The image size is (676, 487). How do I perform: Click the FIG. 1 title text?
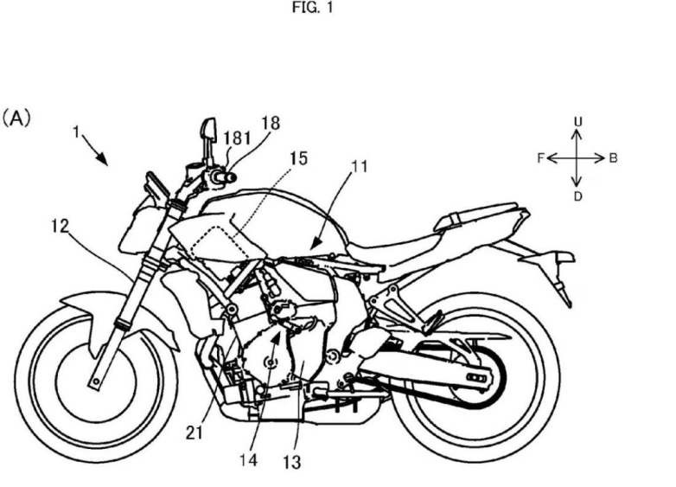313,8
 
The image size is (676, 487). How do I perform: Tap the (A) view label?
16,118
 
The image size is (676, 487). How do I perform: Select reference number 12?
60,226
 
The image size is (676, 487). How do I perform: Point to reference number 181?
237,138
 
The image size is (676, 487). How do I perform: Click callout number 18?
271,124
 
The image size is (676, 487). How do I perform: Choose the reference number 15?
298,158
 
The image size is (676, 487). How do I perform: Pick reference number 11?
359,166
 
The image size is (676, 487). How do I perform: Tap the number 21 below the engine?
195,433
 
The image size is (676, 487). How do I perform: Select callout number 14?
249,460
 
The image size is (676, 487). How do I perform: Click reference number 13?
292,463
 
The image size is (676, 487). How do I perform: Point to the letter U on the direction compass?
577,122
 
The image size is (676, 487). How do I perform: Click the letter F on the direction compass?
541,158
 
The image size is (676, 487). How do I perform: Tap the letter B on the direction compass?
613,158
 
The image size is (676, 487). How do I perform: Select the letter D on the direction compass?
578,196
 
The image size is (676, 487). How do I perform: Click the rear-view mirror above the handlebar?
208,130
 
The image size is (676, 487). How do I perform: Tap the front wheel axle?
96,381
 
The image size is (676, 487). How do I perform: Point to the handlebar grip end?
230,176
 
